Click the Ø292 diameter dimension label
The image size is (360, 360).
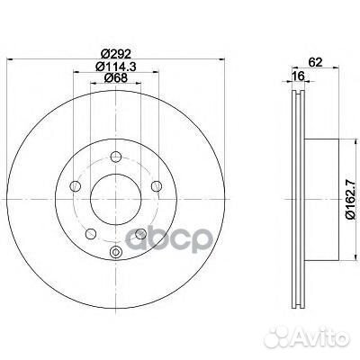(x=115, y=54)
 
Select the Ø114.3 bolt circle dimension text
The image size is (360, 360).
(x=115, y=66)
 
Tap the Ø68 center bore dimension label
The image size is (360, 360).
(x=115, y=77)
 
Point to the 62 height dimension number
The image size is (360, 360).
(x=315, y=62)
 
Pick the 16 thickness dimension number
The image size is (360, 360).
(x=299, y=76)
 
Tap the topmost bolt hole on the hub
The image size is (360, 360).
(x=116, y=157)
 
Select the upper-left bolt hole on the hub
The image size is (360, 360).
(x=75, y=186)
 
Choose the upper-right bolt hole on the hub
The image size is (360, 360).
(x=157, y=186)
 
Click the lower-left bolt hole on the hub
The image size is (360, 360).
(x=91, y=234)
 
